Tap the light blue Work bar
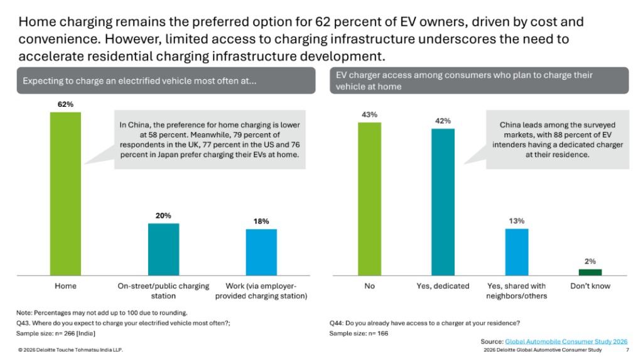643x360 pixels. coord(261,252)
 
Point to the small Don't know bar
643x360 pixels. coord(590,272)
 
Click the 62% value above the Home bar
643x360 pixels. coord(65,105)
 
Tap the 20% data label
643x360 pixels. coord(163,215)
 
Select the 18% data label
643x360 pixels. coord(261,221)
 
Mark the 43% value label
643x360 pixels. coord(369,114)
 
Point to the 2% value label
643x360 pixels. coord(590,261)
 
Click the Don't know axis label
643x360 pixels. coord(590,286)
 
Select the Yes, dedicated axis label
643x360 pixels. coord(443,286)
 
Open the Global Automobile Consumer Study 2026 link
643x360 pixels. coord(566,341)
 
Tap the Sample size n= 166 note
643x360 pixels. coord(359,333)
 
